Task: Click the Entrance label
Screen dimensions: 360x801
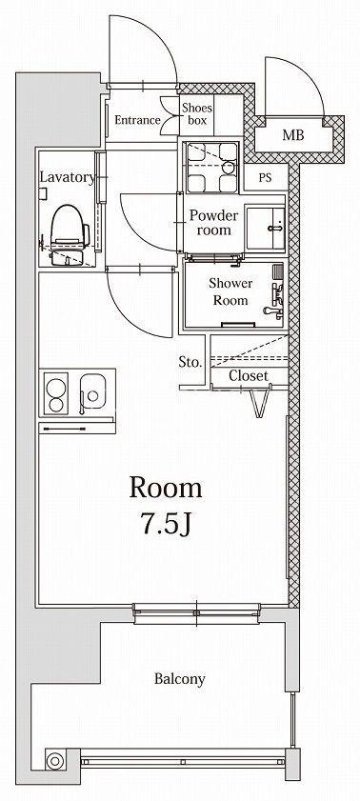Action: click(137, 121)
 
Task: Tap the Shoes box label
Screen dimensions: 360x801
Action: click(195, 114)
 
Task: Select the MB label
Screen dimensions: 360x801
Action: click(293, 135)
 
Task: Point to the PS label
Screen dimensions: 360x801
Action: click(265, 178)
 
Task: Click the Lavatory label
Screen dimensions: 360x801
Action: click(68, 178)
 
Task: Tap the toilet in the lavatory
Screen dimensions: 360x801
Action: click(69, 234)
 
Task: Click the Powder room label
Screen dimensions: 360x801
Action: click(214, 222)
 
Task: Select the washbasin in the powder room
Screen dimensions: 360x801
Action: click(265, 228)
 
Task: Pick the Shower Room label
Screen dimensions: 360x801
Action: click(230, 291)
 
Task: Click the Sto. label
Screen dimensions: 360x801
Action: click(190, 363)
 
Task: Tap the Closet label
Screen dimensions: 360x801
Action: click(249, 376)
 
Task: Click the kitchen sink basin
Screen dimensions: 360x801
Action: click(93, 392)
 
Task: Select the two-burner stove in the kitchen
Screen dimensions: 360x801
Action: click(56, 393)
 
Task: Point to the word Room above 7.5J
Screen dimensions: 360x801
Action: click(166, 488)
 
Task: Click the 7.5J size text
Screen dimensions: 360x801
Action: click(166, 524)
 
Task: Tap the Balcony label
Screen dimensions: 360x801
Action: click(180, 679)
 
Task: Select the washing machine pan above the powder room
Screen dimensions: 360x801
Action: click(210, 167)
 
